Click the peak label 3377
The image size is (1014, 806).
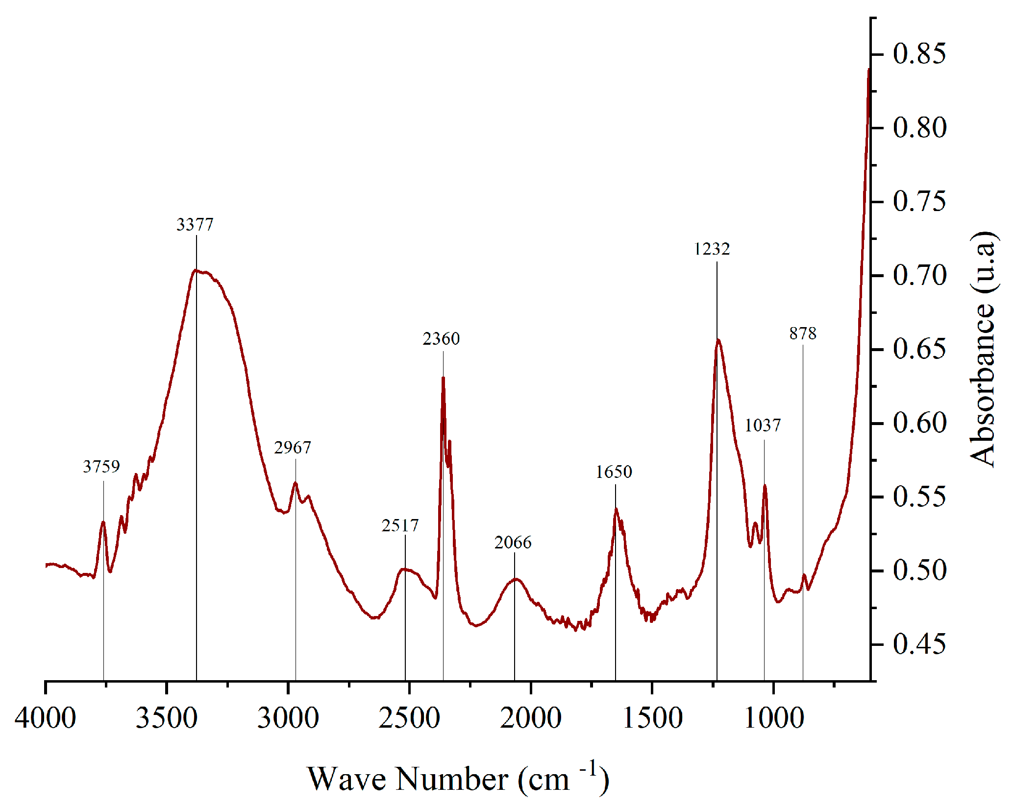pyautogui.click(x=195, y=225)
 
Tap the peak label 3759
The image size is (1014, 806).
pyautogui.click(x=101, y=467)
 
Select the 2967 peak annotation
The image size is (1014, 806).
pyautogui.click(x=293, y=448)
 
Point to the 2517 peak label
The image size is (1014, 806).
pyautogui.click(x=400, y=526)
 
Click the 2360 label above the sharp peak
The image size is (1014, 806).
pyautogui.click(x=442, y=339)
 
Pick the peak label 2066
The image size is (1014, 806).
pyautogui.click(x=513, y=543)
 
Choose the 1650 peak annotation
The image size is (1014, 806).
pyautogui.click(x=614, y=472)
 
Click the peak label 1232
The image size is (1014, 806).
pyautogui.click(x=712, y=249)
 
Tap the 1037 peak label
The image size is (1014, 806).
pyautogui.click(x=763, y=426)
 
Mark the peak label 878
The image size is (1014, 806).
pyautogui.click(x=803, y=333)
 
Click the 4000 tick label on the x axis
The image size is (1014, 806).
pyautogui.click(x=46, y=718)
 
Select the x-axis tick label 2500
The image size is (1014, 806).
pyautogui.click(x=409, y=718)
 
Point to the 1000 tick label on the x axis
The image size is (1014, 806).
pyautogui.click(x=774, y=718)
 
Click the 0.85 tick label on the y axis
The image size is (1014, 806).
pyautogui.click(x=919, y=53)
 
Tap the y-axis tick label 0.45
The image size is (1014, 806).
pyautogui.click(x=919, y=644)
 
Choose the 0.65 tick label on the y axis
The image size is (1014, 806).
pyautogui.click(x=919, y=349)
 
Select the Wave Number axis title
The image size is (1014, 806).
pyautogui.click(x=458, y=779)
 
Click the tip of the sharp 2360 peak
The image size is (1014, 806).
pyautogui.click(x=443, y=378)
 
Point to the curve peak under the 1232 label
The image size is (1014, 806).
pyautogui.click(x=718, y=340)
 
